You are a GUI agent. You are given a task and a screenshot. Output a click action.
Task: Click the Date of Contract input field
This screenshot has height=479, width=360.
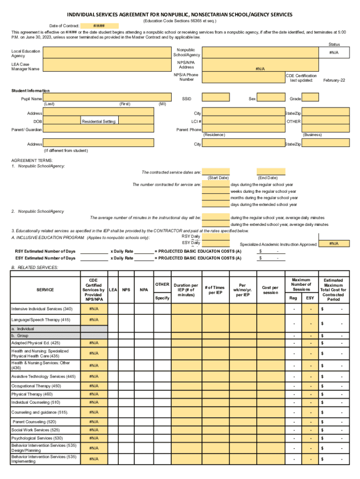click(x=99, y=26)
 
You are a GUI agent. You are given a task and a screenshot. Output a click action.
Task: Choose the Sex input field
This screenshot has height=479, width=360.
click(x=271, y=98)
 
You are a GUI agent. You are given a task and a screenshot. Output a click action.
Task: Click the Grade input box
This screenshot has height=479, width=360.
click(x=310, y=98)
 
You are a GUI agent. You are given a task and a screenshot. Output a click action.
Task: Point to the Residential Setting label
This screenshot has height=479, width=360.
click(x=99, y=122)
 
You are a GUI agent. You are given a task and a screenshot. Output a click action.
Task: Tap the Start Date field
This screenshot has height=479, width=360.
click(x=216, y=171)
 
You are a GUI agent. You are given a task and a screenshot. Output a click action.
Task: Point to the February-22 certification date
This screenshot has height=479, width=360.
click(x=334, y=80)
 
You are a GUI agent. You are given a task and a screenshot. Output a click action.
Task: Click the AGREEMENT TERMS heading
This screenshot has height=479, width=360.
click(x=29, y=160)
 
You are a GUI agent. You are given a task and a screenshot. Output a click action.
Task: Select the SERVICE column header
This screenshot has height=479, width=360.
click(x=45, y=290)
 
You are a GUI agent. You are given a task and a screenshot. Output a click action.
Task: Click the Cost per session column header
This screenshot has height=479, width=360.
click(x=270, y=290)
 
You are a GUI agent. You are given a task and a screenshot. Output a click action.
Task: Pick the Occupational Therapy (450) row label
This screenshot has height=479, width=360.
click(x=36, y=386)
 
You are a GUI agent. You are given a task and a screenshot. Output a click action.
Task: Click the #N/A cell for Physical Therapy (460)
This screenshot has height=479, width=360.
click(x=94, y=394)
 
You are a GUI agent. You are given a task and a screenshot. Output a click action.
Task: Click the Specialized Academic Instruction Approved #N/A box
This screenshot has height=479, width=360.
click(x=334, y=244)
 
